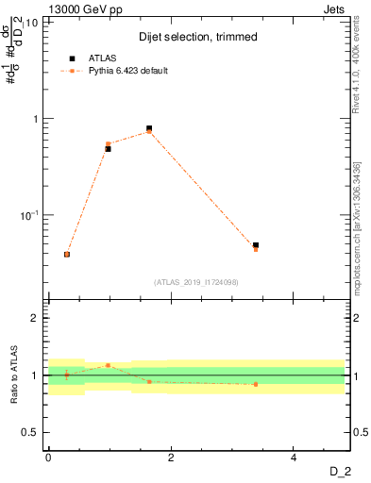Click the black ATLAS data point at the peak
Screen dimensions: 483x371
pyautogui.click(x=149, y=128)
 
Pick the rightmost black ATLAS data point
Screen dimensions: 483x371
pyautogui.click(x=256, y=245)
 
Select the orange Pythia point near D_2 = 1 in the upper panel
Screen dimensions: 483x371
pyautogui.click(x=109, y=143)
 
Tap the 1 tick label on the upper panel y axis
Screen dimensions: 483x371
pyautogui.click(x=35, y=119)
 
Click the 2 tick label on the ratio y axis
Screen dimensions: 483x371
pyautogui.click(x=35, y=318)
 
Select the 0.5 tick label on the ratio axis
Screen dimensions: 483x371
pyautogui.click(x=31, y=432)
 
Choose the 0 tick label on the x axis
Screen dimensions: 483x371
pyautogui.click(x=48, y=457)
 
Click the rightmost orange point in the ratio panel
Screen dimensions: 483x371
pyautogui.click(x=256, y=384)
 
